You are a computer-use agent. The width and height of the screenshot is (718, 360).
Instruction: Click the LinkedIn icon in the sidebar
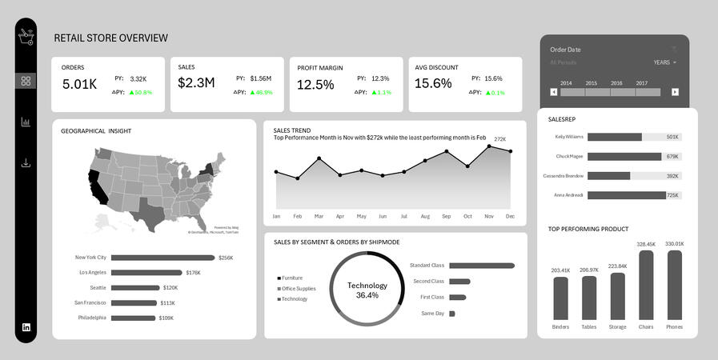tap(26, 327)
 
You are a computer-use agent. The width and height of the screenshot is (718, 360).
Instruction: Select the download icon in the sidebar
tap(26, 163)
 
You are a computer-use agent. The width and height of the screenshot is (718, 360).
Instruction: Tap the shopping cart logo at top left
tap(26, 36)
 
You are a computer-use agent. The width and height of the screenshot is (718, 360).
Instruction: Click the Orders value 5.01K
tap(79, 84)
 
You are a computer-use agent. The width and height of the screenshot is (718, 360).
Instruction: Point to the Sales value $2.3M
tap(196, 83)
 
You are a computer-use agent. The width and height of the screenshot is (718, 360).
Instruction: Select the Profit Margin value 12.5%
tap(315, 84)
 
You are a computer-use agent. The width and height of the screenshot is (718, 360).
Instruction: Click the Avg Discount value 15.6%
tap(433, 84)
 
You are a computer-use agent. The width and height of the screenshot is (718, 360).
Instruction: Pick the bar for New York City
tap(162, 258)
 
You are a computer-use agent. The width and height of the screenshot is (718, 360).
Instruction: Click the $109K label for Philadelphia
tap(166, 318)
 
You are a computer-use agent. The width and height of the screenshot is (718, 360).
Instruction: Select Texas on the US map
tap(149, 210)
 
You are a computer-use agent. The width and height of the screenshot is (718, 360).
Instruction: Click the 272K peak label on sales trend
tap(499, 139)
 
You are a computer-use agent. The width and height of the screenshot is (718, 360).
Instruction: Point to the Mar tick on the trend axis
tap(319, 216)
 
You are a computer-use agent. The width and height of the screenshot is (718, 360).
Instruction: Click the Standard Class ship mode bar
tap(482, 266)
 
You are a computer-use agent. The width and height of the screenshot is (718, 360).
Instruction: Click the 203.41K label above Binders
tap(560, 270)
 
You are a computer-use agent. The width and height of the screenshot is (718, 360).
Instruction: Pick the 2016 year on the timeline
tap(616, 83)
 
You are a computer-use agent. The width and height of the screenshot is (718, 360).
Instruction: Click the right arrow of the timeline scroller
tap(675, 92)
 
